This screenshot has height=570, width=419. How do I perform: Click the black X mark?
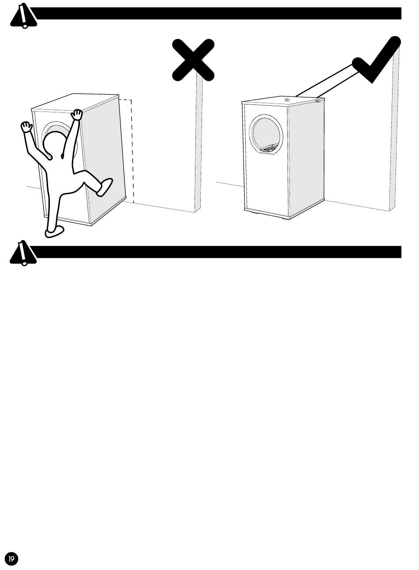click(193, 60)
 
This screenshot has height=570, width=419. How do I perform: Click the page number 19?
click(11, 559)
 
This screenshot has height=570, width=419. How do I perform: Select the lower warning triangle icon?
click(22, 253)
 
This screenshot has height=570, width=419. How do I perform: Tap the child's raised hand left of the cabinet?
click(27, 128)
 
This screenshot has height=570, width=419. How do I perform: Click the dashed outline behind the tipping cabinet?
click(131, 150)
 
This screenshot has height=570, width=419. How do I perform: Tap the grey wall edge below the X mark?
click(198, 145)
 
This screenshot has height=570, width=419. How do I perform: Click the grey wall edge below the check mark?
click(394, 132)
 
